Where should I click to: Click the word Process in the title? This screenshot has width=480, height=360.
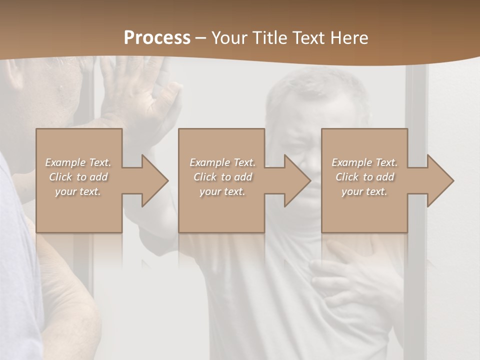pyautogui.click(x=157, y=38)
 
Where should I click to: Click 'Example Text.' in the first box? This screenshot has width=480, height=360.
pyautogui.click(x=78, y=162)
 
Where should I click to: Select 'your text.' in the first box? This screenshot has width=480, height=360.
pyautogui.click(x=78, y=191)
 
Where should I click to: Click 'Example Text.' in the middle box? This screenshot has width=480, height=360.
pyautogui.click(x=222, y=162)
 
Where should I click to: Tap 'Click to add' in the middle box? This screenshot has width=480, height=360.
pyautogui.click(x=222, y=177)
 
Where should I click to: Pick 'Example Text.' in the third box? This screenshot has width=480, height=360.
pyautogui.click(x=364, y=162)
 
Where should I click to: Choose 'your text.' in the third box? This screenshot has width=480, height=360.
pyautogui.click(x=364, y=191)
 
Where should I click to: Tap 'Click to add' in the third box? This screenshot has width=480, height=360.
pyautogui.click(x=364, y=177)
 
